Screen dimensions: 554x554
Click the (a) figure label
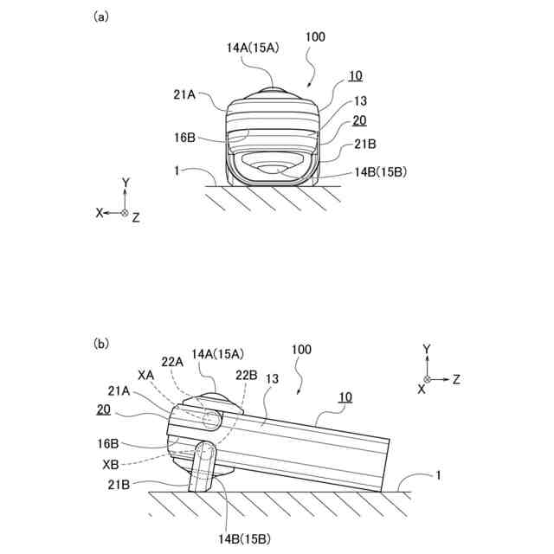point(100,17)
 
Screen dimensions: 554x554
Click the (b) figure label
point(100,343)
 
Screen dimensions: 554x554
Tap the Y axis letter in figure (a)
point(125,184)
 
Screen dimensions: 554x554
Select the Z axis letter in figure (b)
point(456,379)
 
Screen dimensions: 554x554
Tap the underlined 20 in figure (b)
point(103,409)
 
